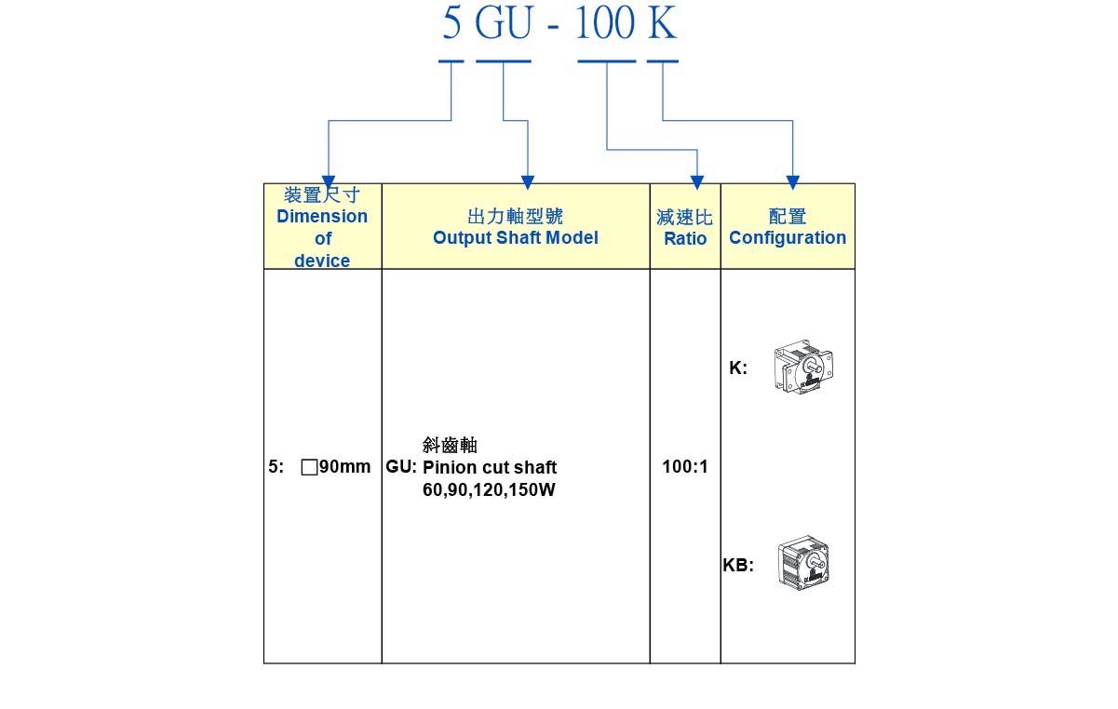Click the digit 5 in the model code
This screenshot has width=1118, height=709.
click(x=451, y=24)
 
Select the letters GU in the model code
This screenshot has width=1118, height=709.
click(x=503, y=24)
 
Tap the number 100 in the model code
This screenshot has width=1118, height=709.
click(x=605, y=24)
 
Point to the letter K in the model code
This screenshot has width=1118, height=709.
click(x=662, y=24)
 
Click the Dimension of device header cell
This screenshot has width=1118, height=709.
click(x=322, y=227)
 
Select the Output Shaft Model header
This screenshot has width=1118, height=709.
click(x=515, y=227)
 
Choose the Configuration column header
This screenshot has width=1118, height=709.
click(x=788, y=227)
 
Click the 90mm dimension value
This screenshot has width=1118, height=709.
click(x=344, y=467)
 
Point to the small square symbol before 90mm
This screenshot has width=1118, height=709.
click(x=309, y=467)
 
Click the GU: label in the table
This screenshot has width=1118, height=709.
click(x=401, y=467)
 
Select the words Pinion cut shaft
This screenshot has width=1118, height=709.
click(x=490, y=467)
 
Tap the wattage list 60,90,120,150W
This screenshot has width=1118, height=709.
click(x=489, y=489)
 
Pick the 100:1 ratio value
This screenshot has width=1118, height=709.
click(x=685, y=467)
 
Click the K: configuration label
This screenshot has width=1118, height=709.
click(x=738, y=368)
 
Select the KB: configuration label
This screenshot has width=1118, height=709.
click(x=738, y=565)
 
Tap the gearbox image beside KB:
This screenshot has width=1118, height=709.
click(x=803, y=562)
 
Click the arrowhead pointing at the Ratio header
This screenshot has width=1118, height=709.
click(x=697, y=182)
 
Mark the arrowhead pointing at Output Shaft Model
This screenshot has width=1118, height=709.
click(x=528, y=182)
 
